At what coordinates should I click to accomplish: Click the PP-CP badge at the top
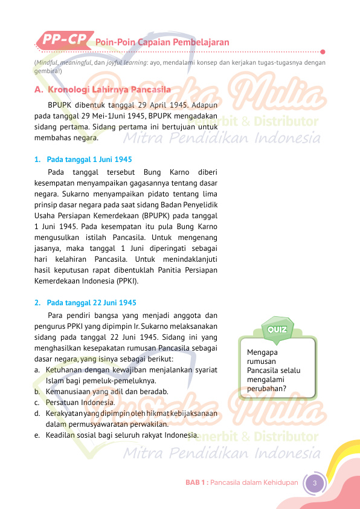[63, 40]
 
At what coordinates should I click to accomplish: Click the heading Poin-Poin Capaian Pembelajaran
[162, 42]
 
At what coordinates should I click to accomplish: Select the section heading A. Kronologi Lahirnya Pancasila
[103, 89]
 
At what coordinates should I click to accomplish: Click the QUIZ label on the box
[277, 329]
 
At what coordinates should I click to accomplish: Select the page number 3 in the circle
[314, 482]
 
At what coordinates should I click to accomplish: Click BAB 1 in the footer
[196, 482]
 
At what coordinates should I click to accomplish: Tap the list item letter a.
[37, 369]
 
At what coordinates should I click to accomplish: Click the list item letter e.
[37, 435]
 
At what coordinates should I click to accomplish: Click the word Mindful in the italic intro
[50, 62]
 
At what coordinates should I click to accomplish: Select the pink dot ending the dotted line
[323, 51]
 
